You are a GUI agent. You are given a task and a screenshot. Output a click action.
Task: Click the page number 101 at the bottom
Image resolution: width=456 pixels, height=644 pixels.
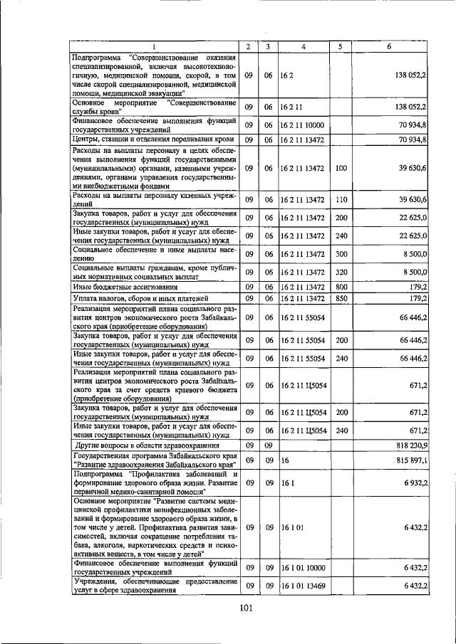coord(246,607)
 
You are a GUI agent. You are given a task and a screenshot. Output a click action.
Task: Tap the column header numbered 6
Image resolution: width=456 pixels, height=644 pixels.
coord(389,46)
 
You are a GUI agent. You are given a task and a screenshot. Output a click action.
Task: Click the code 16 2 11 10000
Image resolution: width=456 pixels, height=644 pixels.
coord(302,125)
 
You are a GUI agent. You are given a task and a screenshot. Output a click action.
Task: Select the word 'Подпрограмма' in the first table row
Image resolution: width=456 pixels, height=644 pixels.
coord(96,57)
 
